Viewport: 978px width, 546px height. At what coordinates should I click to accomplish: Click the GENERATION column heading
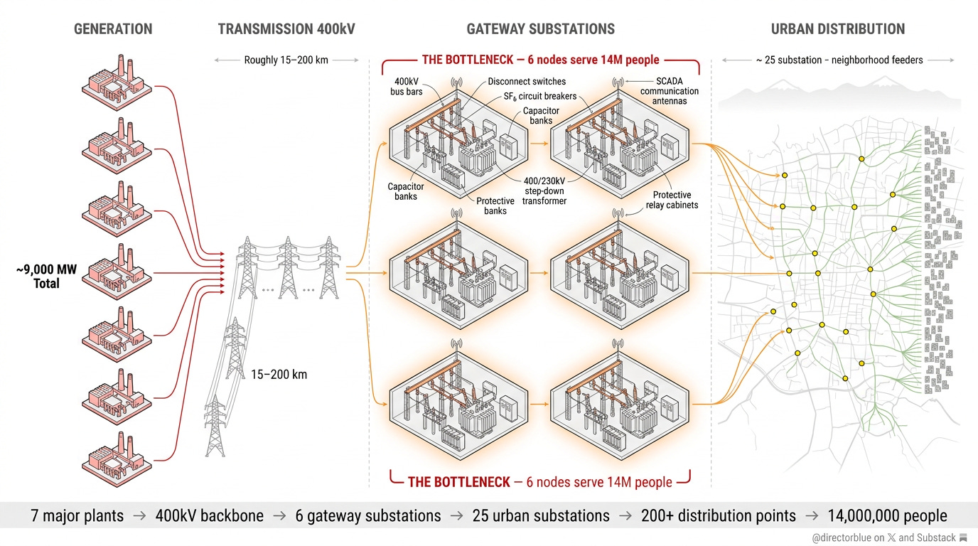coord(113,29)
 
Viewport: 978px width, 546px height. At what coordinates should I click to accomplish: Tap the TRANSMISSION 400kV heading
coord(286,29)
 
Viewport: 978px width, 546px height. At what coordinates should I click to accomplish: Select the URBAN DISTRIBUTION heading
coord(838,29)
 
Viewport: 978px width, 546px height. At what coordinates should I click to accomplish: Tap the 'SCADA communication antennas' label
coord(669,91)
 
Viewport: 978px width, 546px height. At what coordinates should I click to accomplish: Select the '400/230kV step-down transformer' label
coord(545,191)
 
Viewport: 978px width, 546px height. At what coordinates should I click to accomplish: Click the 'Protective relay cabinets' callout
coord(672,200)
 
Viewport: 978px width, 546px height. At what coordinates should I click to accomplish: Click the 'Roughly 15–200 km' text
coord(286,60)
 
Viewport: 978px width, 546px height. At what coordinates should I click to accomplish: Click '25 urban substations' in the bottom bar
coord(541,515)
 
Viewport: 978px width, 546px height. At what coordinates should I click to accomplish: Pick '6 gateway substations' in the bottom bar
coord(368,515)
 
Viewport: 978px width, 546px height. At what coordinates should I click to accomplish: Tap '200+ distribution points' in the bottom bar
coord(718,515)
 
